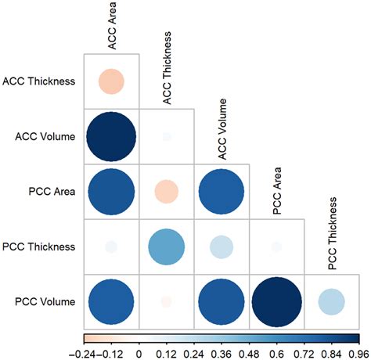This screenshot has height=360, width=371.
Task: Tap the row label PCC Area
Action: click(x=52, y=191)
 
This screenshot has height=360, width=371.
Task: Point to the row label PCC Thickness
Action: click(x=39, y=247)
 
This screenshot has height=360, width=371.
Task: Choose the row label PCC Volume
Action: click(x=44, y=302)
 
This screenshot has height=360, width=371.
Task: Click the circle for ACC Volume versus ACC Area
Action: click(x=111, y=136)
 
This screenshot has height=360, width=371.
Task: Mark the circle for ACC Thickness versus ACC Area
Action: click(x=111, y=81)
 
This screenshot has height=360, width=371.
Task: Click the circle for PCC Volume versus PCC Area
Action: click(x=277, y=302)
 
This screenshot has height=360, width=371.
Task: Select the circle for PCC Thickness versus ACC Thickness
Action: click(x=166, y=247)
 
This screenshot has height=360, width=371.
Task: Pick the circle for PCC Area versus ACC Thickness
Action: click(x=166, y=192)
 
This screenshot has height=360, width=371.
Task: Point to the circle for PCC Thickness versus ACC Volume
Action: click(x=222, y=247)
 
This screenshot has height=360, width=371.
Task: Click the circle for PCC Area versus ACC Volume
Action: click(x=222, y=192)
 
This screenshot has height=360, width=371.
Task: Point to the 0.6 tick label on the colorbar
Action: click(x=277, y=352)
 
